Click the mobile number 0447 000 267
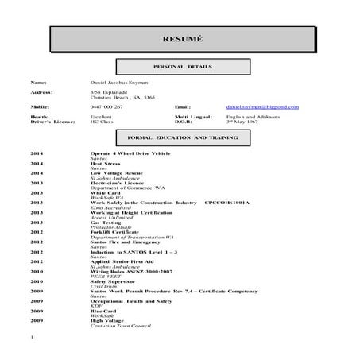(x=107, y=106)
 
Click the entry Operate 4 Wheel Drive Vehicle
(x=130, y=152)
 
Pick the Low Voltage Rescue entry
(x=117, y=172)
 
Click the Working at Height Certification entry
(x=133, y=213)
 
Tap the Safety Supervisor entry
(x=113, y=281)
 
